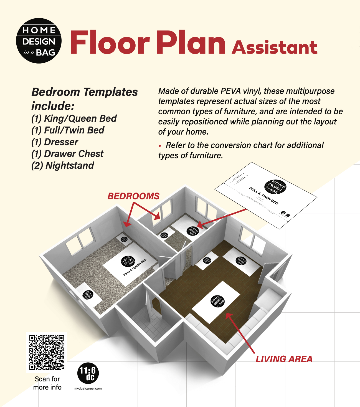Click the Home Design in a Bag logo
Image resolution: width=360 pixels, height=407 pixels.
click(x=39, y=41)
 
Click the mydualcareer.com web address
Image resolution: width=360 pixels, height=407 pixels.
click(x=88, y=388)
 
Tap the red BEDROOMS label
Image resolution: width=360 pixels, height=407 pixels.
click(x=133, y=196)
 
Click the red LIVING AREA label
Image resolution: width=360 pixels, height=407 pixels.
click(x=284, y=359)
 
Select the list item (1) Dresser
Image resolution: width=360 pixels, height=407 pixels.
click(x=55, y=142)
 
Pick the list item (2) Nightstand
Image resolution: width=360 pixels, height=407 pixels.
click(x=63, y=165)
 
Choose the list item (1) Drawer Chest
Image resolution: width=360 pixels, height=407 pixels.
click(x=67, y=154)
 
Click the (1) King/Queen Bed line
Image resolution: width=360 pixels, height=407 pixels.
click(x=74, y=118)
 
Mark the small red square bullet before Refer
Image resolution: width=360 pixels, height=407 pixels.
click(x=160, y=146)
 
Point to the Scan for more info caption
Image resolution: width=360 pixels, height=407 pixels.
click(x=47, y=383)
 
